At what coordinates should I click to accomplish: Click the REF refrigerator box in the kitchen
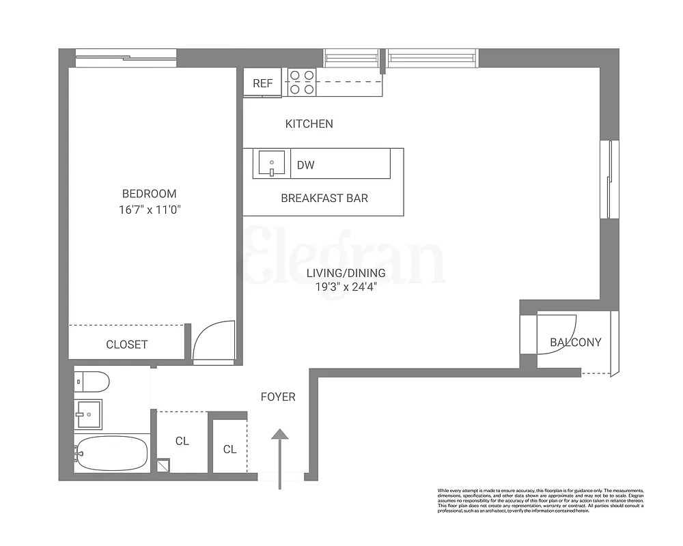coord(263,83)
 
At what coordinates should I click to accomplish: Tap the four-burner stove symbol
coord(301,82)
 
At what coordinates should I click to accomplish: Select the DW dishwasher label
coord(305,164)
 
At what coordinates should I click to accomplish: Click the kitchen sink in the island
coord(272,164)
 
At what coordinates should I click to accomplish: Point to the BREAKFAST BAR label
coord(324,199)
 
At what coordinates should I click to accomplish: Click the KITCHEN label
coord(309,124)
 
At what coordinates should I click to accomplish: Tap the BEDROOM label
coord(149,194)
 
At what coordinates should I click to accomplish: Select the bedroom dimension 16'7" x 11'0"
coord(149,210)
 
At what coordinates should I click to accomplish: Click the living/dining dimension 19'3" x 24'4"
coord(346,287)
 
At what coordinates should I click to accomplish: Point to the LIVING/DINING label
coord(346,273)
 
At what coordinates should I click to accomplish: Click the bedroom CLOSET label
coord(126,345)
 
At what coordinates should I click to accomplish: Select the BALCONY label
coord(576,342)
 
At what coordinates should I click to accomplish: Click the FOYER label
coord(278,397)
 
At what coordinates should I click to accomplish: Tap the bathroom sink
coord(88,412)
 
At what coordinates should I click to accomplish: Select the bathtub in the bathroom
coord(111,452)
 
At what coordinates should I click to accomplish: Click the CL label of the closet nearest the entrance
coord(229,449)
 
